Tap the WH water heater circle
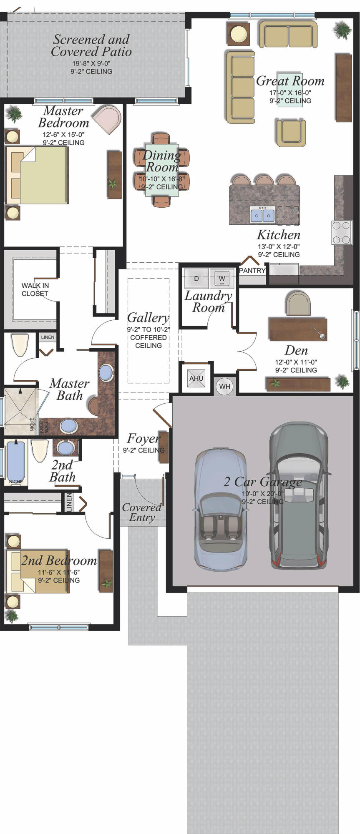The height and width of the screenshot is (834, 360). [x=225, y=387]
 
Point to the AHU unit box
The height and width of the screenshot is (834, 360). [x=196, y=379]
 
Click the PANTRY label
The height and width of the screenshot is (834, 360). [x=252, y=271]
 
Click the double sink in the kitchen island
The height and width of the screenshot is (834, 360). [x=262, y=214]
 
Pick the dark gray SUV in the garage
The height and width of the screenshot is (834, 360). [x=299, y=495]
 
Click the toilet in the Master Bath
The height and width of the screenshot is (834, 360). [x=20, y=344]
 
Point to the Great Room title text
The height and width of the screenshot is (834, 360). [x=290, y=81]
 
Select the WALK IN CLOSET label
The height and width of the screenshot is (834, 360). [x=35, y=289]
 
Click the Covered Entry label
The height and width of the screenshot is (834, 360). [x=142, y=512]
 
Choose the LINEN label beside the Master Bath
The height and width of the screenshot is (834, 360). [x=48, y=337]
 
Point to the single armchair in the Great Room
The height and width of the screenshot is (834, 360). [x=291, y=133]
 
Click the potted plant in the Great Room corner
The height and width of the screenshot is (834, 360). [x=342, y=30]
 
